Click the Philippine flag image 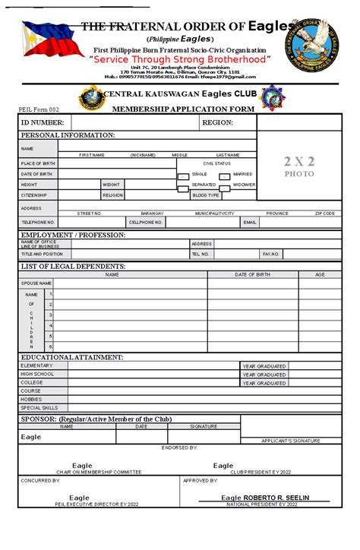tap(46, 39)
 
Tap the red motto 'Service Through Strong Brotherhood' tap(179, 59)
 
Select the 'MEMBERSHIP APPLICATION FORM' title tap(183, 109)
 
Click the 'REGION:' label tap(217, 122)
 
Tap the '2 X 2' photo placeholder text tap(298, 161)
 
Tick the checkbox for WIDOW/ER tap(225, 186)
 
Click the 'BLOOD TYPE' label tap(206, 195)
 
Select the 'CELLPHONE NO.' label tap(146, 223)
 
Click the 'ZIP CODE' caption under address tap(325, 213)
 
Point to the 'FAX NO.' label tap(271, 254)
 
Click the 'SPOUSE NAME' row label tap(36, 283)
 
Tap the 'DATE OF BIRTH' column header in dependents tap(252, 274)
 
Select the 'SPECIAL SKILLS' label tap(39, 408)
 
